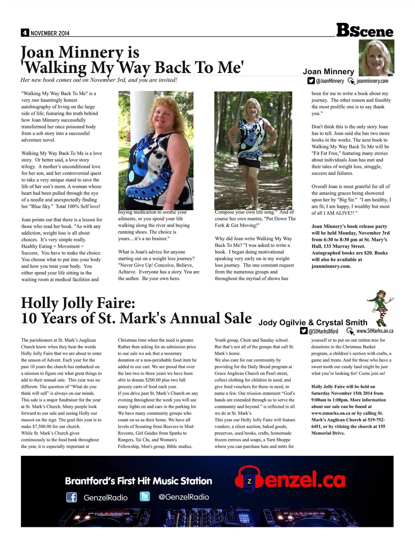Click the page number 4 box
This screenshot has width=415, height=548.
click(25, 33)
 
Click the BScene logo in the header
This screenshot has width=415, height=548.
click(365, 30)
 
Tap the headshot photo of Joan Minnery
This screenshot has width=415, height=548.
click(376, 57)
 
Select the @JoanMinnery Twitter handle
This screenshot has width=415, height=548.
click(329, 81)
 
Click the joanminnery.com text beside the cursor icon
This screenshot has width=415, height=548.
click(372, 81)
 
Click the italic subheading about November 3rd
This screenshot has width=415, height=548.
click(99, 80)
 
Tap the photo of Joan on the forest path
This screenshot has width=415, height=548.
click(253, 150)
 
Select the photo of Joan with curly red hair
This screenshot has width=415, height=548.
click(156, 150)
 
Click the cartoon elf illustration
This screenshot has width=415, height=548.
click(380, 308)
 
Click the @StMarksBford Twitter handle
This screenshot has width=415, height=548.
click(323, 331)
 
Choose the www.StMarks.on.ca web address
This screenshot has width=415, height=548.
click(374, 331)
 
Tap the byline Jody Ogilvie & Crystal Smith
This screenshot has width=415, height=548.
click(313, 323)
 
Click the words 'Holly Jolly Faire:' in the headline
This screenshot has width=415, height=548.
click(78, 303)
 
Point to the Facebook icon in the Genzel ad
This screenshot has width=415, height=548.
click(71, 497)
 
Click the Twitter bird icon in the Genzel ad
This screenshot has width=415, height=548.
click(145, 496)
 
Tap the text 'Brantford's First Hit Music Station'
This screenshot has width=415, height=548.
click(139, 481)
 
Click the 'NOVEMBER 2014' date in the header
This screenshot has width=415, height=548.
click(50, 33)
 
